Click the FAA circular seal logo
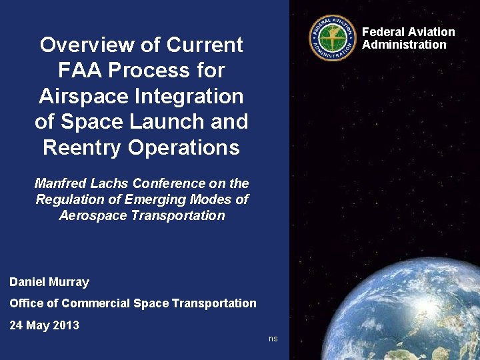click(x=333, y=38)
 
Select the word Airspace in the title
click(x=81, y=96)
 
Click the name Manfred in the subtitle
click(x=59, y=183)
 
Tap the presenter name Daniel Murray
click(x=49, y=282)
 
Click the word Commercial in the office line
click(x=95, y=303)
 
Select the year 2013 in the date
click(x=65, y=325)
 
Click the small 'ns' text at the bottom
click(x=273, y=339)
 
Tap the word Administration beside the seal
click(x=404, y=45)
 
